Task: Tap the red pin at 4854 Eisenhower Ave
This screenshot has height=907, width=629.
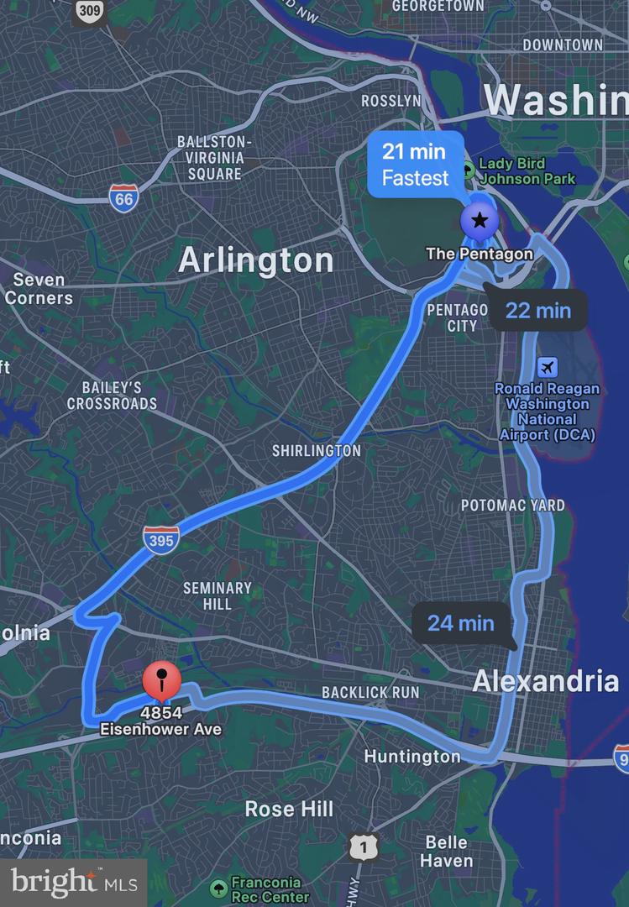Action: point(162,679)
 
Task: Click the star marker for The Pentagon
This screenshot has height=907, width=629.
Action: point(480,221)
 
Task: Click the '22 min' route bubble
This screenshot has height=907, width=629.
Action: point(537,311)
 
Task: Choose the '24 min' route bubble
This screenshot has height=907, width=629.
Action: point(461,622)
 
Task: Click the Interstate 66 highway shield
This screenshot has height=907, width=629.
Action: point(123,199)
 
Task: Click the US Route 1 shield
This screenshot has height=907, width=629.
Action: point(364,848)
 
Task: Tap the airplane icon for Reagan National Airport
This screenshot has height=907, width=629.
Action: point(548,367)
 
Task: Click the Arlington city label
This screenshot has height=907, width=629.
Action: point(256,260)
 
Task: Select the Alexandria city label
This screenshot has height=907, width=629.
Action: point(545,681)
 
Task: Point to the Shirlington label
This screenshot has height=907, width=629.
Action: point(317,451)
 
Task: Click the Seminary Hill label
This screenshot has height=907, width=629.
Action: point(218,596)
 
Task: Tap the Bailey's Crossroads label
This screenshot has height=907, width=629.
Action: point(112,396)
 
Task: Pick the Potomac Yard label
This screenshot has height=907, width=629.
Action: point(512,506)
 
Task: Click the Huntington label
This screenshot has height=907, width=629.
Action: point(412,757)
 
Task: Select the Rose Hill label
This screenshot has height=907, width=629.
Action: point(289,809)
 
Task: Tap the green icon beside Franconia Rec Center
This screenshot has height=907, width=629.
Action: point(218,888)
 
